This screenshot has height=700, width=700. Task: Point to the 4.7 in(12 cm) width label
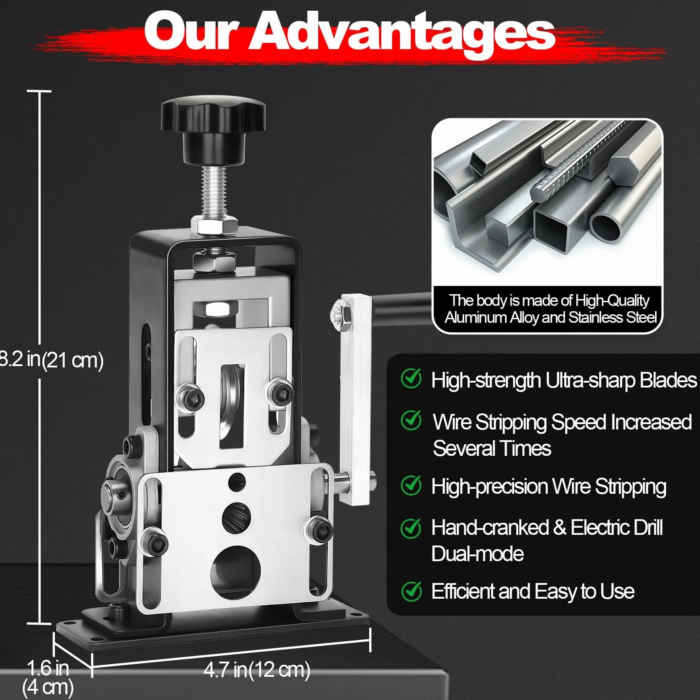tap(257, 670)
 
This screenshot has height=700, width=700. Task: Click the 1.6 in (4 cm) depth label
tap(47, 677)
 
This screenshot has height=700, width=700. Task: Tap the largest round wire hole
tap(236, 572)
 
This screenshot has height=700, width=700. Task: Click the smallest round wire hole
tap(237, 482)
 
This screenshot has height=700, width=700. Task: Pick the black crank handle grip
tap(402, 302)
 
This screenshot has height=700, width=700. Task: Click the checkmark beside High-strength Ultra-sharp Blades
tap(411, 379)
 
